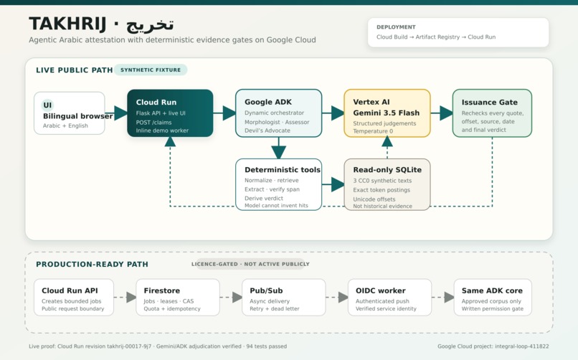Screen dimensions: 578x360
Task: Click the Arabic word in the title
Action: coord(150,24)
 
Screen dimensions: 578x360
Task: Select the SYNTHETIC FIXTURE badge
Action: coord(151,70)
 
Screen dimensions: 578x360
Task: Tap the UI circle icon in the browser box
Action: coord(47,105)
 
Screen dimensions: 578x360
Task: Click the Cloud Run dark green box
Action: coord(170,113)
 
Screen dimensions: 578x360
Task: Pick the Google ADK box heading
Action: coord(268,102)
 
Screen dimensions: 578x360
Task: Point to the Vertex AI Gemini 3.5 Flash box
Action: coord(387,113)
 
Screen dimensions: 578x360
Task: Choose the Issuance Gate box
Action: coord(492,113)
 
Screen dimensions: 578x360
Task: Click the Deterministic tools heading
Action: coord(283,170)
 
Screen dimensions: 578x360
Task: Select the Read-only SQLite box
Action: coord(387,184)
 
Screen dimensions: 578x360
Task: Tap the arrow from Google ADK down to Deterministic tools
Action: coord(279,148)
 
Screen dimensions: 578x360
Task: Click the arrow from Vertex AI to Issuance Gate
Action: coord(442,113)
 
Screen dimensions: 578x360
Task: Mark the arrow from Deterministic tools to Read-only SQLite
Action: coord(333,184)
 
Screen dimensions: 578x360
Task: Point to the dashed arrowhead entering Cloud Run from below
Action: coord(170,142)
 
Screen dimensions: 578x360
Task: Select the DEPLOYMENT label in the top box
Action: coord(396,27)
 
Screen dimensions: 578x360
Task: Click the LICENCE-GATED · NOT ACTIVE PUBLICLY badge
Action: coord(250,264)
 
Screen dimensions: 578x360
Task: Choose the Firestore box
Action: coord(178,298)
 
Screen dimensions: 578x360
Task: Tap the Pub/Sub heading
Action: coord(266,290)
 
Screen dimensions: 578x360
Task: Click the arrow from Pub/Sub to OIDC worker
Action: coord(337,297)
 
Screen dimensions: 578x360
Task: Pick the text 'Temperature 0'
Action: coord(373,131)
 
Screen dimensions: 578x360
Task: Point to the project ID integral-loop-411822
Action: coord(521,346)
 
